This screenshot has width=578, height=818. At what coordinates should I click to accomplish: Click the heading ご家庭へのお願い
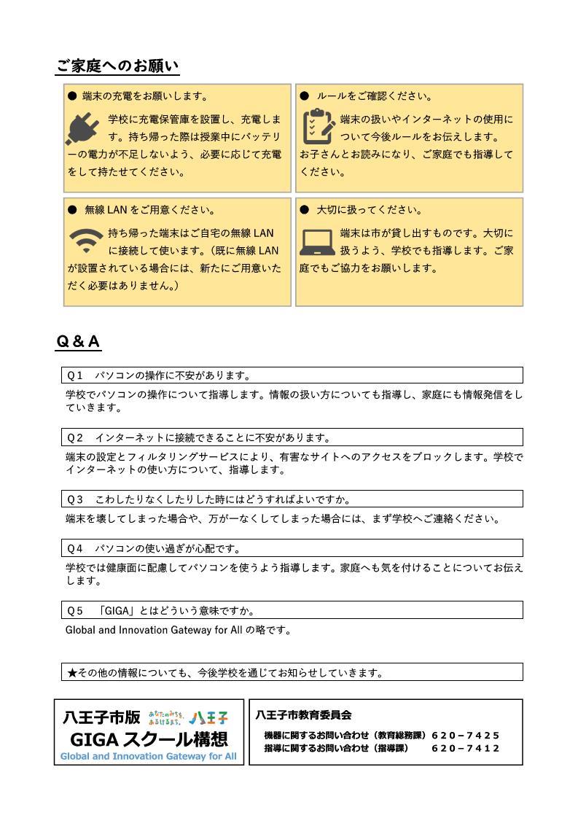tap(117, 66)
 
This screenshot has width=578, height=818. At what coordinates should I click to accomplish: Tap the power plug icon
tap(82, 129)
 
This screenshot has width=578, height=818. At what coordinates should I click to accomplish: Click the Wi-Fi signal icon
tap(85, 240)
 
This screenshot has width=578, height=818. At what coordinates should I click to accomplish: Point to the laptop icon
tap(318, 241)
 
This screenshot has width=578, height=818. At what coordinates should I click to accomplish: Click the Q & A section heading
tap(78, 342)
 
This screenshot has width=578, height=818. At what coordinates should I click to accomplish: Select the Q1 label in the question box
tap(75, 376)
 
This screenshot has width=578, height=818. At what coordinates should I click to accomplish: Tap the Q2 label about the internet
tap(75, 438)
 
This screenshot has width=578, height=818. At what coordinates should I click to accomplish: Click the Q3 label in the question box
tap(75, 499)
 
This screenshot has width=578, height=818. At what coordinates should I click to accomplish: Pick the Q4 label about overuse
tap(75, 548)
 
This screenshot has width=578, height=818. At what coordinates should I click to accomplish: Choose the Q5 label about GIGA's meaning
tap(75, 610)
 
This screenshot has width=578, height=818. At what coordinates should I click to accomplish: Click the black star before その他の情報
tap(72, 672)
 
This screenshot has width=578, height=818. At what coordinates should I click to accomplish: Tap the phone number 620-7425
tap(466, 736)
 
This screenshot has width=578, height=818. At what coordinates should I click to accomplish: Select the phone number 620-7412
tap(466, 748)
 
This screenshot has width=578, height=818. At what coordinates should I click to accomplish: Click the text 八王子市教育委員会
tap(303, 715)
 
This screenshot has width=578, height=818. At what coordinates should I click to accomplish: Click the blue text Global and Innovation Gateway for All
tap(149, 756)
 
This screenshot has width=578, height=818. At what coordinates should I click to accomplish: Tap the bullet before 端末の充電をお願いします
tap(72, 96)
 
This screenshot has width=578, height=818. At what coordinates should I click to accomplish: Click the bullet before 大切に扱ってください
tap(305, 210)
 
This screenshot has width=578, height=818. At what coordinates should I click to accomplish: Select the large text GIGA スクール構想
tap(149, 738)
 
